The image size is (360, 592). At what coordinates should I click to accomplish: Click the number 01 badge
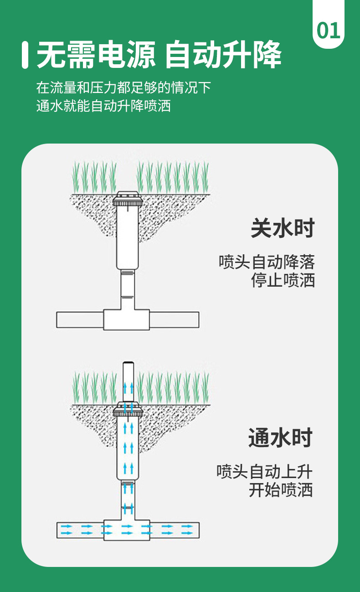tap(329, 31)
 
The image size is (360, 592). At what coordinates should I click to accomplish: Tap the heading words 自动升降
tap(223, 56)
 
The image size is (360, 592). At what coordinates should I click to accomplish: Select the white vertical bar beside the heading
tap(25, 55)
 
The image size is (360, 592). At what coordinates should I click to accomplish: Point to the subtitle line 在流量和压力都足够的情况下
tap(123, 87)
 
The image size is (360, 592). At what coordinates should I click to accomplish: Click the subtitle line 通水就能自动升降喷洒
tap(103, 106)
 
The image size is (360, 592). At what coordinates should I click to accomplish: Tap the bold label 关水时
tap(283, 228)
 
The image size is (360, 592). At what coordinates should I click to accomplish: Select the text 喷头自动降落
tap(267, 262)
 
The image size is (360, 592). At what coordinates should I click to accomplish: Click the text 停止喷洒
tap(283, 280)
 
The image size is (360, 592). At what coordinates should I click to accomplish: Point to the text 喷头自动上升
tap(264, 471)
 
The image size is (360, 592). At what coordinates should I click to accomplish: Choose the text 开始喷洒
tap(281, 490)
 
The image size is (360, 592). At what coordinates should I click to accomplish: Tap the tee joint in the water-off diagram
tap(127, 319)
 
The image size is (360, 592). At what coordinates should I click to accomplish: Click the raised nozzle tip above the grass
tap(128, 365)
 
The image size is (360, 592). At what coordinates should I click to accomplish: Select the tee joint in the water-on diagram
tap(127, 530)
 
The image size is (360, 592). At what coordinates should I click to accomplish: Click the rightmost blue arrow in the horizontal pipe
tap(187, 530)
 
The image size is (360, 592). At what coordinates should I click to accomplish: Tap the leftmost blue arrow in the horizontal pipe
tap(67, 530)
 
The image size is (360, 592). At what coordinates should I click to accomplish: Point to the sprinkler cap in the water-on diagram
tap(128, 409)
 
